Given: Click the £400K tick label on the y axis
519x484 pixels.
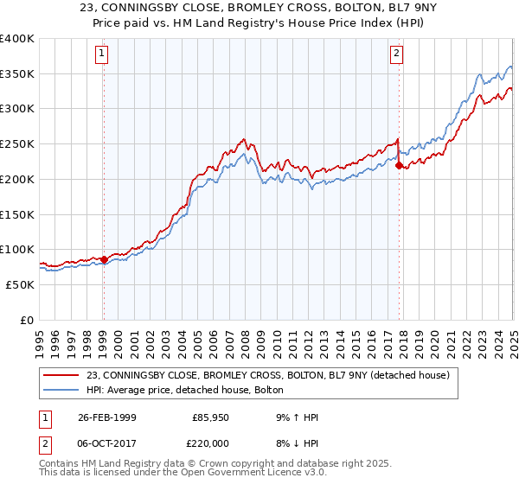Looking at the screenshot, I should [17, 39].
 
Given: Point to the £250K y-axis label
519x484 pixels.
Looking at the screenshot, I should [17, 144].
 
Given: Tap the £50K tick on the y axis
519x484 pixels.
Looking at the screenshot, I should [21, 284].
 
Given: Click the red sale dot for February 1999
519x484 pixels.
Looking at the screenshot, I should [104, 259].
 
